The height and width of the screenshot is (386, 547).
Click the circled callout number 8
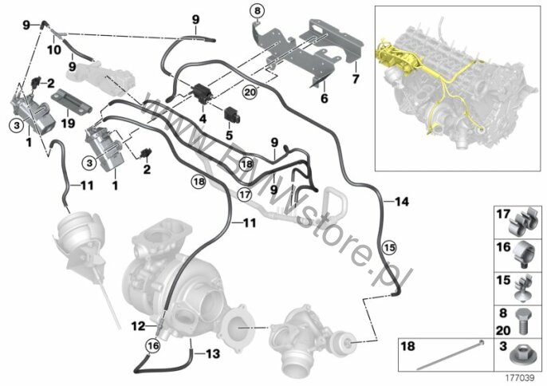coord(258,11)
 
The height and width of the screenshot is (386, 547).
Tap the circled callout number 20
coord(250,93)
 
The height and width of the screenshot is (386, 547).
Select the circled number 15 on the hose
coord(390,247)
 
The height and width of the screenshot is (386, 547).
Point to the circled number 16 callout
coord(153,346)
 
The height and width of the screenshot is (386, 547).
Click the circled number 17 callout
coord(245,194)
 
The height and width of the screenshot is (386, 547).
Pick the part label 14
coord(401,202)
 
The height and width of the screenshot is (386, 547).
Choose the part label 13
coord(212,354)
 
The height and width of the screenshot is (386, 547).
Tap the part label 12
coord(138,326)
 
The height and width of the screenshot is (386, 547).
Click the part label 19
coord(68,123)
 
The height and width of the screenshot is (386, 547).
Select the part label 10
coord(54,50)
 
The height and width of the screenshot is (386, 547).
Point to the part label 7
coord(356,79)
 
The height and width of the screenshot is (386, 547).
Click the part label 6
coord(325,99)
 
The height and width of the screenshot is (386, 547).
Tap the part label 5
coord(229,135)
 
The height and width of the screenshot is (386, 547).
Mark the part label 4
coord(203,119)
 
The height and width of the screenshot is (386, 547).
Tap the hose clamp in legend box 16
coord(525,254)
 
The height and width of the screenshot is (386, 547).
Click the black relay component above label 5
coord(233,114)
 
